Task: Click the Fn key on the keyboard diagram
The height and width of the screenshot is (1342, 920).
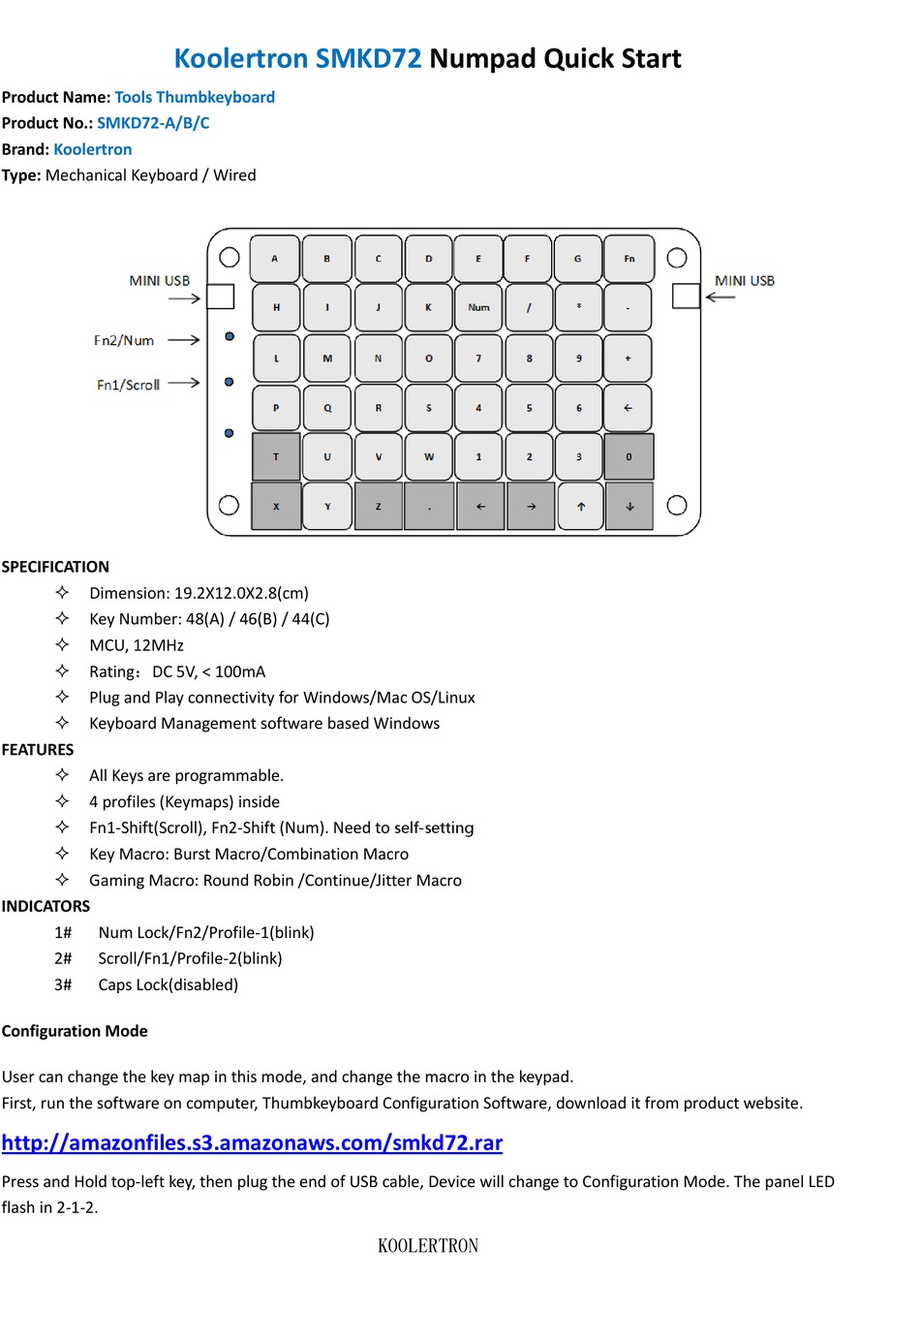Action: pos(629,259)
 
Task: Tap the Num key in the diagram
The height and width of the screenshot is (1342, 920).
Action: pos(478,308)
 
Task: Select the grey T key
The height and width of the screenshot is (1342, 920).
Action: pos(276,456)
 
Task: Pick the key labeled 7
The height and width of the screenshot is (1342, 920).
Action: pos(478,359)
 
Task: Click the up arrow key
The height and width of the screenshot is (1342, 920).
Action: pos(580,507)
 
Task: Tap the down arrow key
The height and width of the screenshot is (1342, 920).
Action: pos(629,507)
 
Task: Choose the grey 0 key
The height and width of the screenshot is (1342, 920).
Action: pos(629,456)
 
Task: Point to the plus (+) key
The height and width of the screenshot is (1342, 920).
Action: pos(628,359)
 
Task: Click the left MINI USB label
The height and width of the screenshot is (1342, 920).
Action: pos(160,281)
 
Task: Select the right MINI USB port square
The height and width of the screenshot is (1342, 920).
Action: pos(686,296)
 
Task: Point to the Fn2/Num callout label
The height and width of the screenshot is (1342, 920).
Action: pos(124,340)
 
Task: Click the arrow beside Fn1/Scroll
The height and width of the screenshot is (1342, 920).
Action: pos(183,383)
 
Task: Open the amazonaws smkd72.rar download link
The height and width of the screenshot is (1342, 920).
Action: pos(252,1142)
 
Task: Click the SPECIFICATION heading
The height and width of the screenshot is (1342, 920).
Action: pos(55,567)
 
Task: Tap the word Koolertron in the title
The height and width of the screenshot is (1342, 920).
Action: pos(240,59)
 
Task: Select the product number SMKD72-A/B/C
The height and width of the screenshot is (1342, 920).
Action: pos(153,123)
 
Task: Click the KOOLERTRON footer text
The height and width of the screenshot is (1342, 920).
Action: pos(428,1246)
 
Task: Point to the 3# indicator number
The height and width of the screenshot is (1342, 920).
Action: pos(63,984)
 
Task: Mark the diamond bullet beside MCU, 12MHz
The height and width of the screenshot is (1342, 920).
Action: pos(62,644)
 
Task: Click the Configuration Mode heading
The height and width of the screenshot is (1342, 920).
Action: pos(75,1031)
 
